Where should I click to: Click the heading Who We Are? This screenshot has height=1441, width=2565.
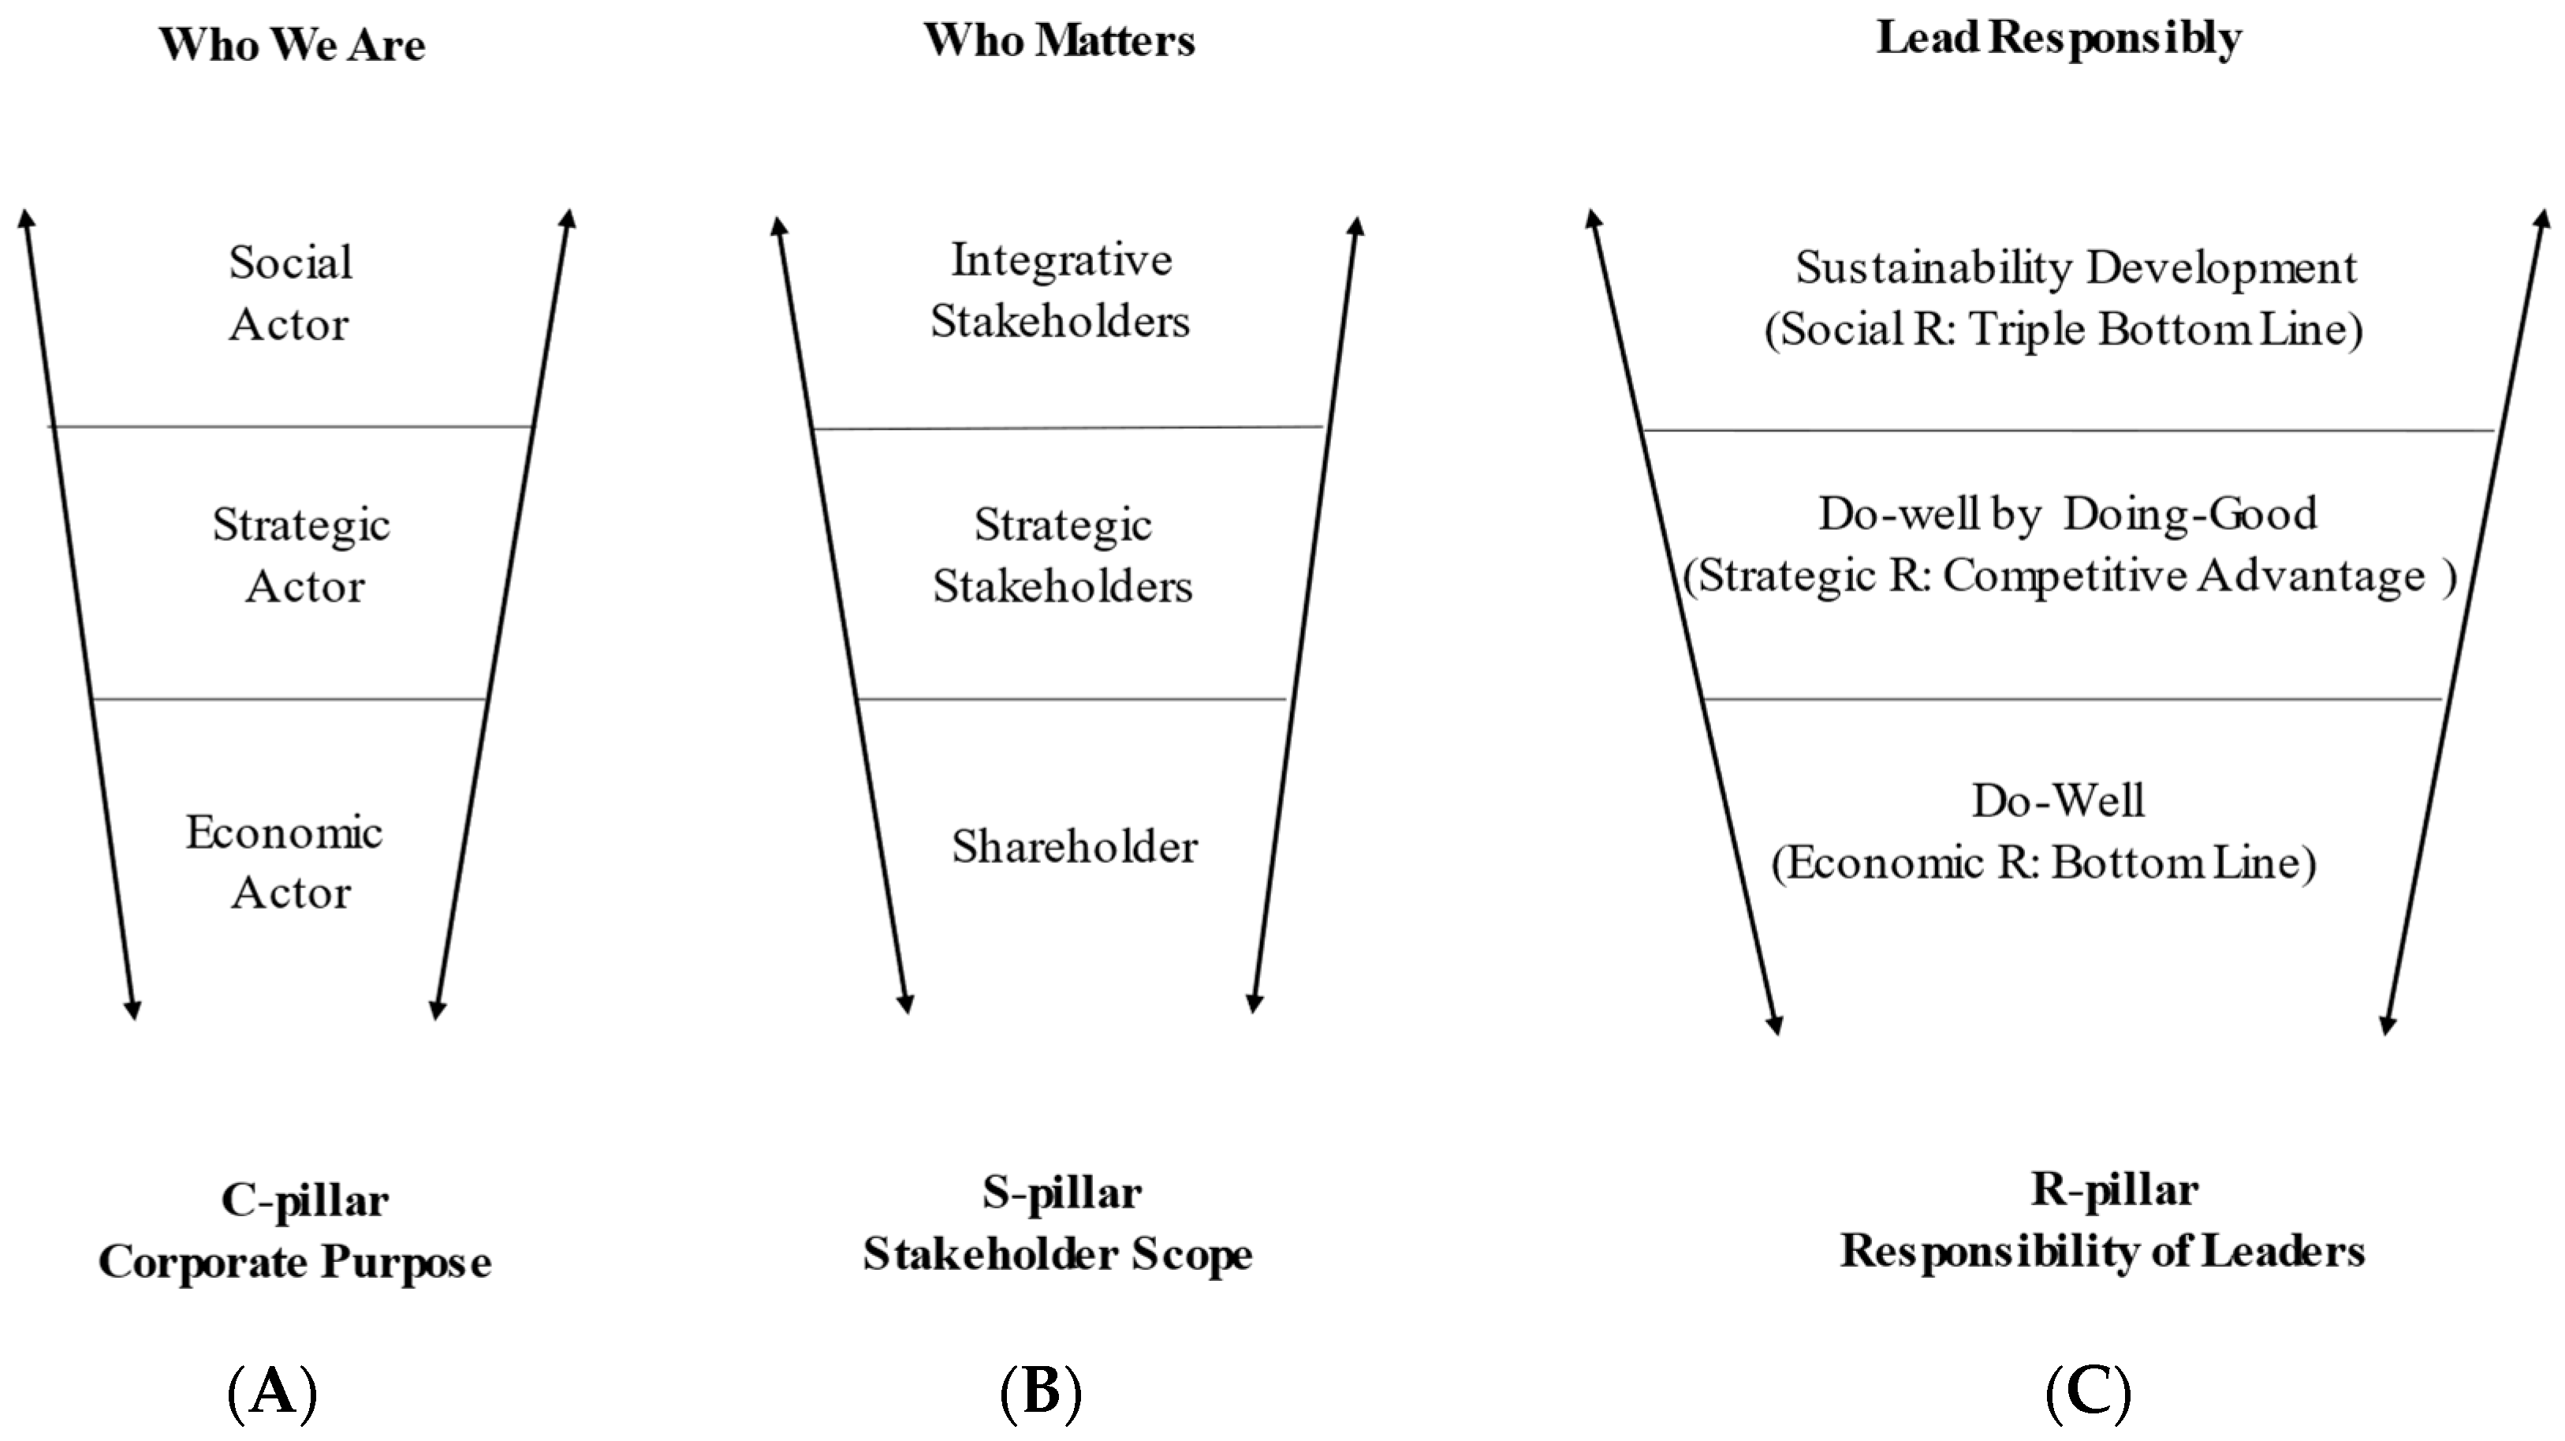(x=292, y=45)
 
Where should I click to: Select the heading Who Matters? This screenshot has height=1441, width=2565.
(x=1060, y=41)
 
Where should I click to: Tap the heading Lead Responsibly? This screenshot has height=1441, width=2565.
(x=2059, y=39)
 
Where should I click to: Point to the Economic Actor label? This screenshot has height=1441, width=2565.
(x=285, y=862)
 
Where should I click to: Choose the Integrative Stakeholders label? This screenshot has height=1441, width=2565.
(x=1061, y=289)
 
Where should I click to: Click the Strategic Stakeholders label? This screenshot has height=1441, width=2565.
(x=1062, y=554)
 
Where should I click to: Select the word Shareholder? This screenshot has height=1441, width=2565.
(x=1075, y=846)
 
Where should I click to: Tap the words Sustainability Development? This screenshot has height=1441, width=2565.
(x=2076, y=267)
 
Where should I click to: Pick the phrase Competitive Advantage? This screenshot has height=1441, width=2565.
(x=2183, y=576)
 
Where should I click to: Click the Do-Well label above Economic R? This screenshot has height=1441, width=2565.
(x=2058, y=801)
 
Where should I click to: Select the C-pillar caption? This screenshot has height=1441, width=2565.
(x=304, y=1200)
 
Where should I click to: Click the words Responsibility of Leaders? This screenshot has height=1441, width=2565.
(x=2102, y=1252)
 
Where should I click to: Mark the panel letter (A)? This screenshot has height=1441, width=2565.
(x=272, y=1391)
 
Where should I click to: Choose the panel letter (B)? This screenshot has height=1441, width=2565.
(x=1041, y=1391)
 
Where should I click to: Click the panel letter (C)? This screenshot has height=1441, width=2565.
(x=2088, y=1391)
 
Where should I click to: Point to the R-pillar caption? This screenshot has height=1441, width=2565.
(x=2114, y=1190)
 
